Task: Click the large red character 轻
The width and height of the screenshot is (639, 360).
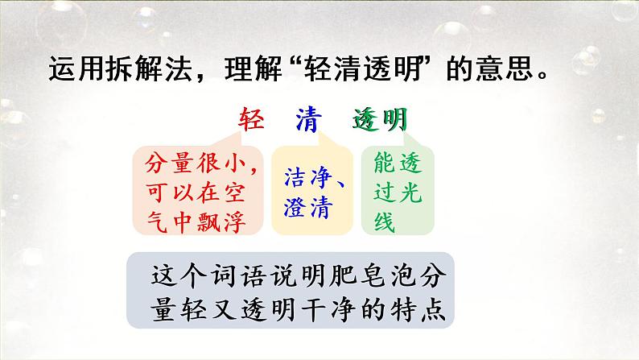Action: coord(251,119)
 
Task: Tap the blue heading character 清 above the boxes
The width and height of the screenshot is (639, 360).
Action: coord(308,119)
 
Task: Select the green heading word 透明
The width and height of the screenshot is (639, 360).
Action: coord(380,119)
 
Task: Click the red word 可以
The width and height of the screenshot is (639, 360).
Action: coord(168,192)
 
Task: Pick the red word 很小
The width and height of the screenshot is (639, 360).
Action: coord(221,163)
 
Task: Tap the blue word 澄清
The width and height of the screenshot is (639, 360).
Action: coord(308,207)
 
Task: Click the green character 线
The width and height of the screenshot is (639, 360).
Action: coord(385,222)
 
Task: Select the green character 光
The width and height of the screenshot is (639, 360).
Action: coord(410,192)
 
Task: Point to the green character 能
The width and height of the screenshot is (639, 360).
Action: coord(385,162)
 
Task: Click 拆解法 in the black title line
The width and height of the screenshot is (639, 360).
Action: coord(148,68)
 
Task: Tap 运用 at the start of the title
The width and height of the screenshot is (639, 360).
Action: coord(76,68)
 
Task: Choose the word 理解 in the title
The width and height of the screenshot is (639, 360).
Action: coord(253,68)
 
